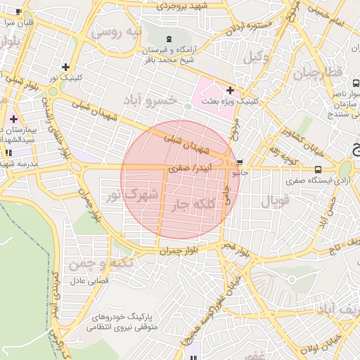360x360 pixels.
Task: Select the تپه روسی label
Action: [x=117, y=32]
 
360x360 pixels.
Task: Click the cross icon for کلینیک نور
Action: [x=65, y=66]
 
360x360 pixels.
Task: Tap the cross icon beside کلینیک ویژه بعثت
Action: [x=230, y=90]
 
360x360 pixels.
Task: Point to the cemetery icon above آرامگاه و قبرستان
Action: [x=168, y=38]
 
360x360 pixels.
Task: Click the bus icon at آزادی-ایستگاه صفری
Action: [x=319, y=169]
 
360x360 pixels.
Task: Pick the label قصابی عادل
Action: [x=86, y=281]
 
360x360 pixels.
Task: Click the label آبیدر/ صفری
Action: [x=190, y=169]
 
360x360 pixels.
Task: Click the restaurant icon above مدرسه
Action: [x=8, y=152]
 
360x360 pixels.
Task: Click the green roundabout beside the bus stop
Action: [x=345, y=169]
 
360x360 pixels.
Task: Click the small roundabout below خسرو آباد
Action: [x=188, y=106]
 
